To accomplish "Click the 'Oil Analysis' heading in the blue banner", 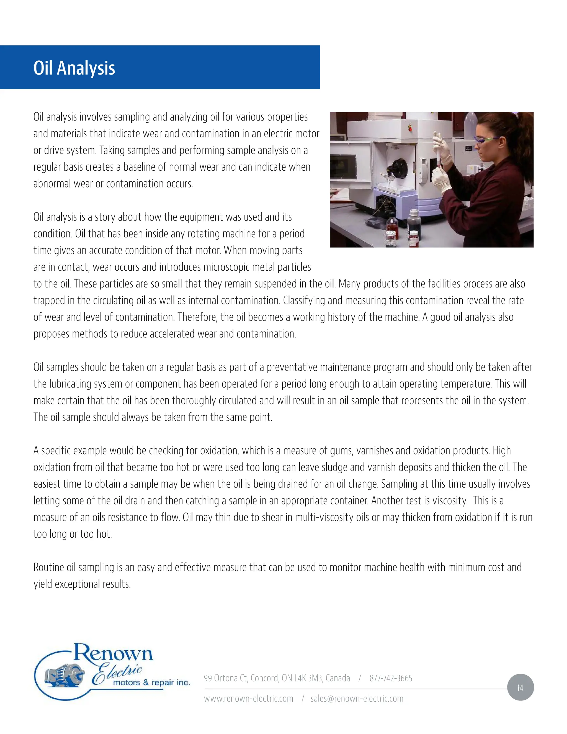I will click(74, 68).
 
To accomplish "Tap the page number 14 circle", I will click(520, 688).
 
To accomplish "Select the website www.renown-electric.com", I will click(249, 698).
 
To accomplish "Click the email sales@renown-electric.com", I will click(357, 698).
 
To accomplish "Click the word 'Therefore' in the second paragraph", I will click(197, 317).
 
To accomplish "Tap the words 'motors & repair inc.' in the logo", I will click(151, 682).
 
